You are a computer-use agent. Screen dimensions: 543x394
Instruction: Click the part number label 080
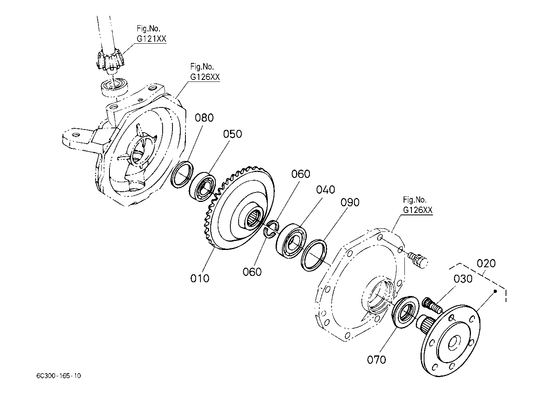click(x=204, y=118)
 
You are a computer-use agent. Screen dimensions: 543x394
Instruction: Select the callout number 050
click(x=232, y=134)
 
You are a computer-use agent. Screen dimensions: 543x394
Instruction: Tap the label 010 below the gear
click(x=200, y=279)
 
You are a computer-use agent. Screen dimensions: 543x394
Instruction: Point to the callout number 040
click(x=325, y=190)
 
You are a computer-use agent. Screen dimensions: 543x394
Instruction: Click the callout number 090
click(x=350, y=202)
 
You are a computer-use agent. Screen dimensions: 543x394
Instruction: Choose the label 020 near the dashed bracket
click(x=486, y=263)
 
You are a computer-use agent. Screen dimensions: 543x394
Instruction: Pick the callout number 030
click(x=463, y=279)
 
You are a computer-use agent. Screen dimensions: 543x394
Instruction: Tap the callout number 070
click(x=376, y=360)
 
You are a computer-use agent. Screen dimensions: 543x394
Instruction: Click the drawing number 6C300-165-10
click(x=59, y=376)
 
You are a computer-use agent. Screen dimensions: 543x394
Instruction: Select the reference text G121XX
click(x=152, y=39)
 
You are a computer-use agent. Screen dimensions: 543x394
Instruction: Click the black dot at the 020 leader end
click(x=495, y=291)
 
